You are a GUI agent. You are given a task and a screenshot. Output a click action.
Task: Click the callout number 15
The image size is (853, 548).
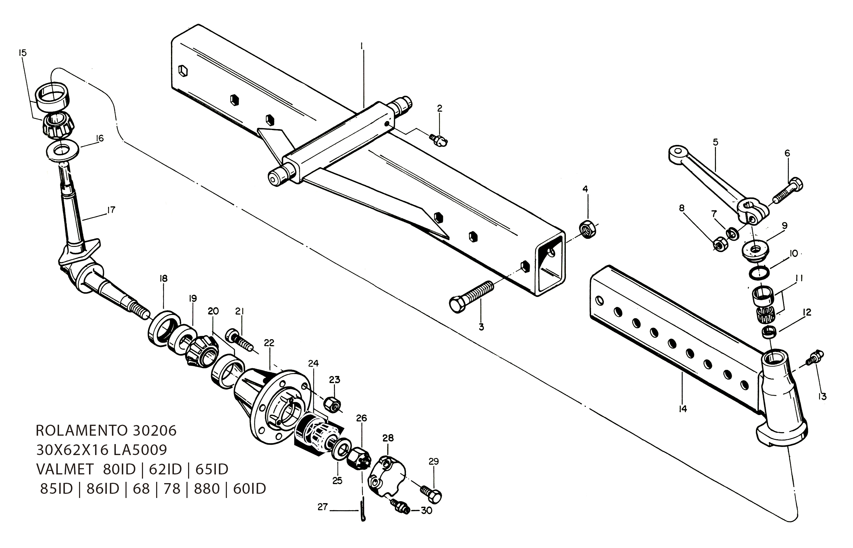point(22,53)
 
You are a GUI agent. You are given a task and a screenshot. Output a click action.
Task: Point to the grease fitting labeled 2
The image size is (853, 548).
point(438,140)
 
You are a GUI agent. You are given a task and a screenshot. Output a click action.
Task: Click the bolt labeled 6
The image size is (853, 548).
point(788,190)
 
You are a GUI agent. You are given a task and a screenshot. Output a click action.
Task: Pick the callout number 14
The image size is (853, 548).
point(682,409)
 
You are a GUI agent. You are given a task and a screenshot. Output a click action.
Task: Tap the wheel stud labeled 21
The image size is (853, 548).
point(239,340)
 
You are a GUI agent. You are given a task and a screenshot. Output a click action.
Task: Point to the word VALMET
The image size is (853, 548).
point(65,470)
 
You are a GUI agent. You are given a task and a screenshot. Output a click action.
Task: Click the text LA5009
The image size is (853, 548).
point(140,450)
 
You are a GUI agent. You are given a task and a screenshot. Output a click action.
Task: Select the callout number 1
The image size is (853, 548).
point(362,46)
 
